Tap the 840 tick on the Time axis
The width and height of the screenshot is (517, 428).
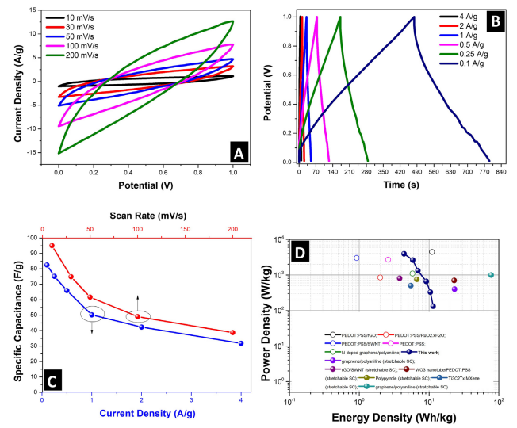pyautogui.click(x=500, y=170)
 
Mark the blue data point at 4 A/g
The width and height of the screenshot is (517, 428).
pyautogui.click(x=241, y=343)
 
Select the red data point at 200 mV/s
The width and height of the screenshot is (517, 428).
pyautogui.click(x=232, y=332)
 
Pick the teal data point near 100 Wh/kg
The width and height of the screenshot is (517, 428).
pyautogui.click(x=492, y=275)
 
